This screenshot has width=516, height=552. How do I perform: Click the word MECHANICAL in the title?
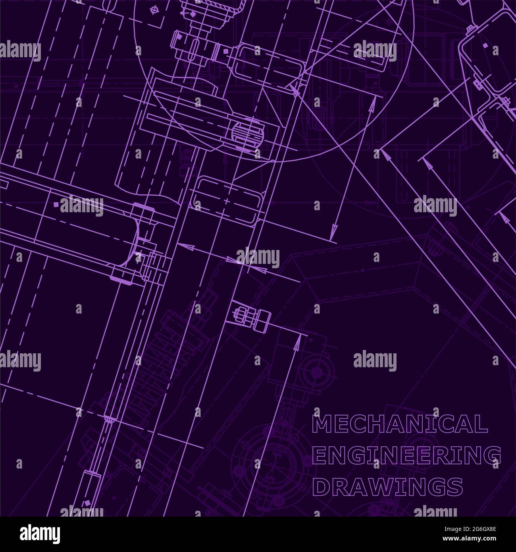coord(400,424)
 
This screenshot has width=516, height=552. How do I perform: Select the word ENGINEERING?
coord(406,455)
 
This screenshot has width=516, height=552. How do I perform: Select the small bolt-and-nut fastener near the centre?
coord(250,316)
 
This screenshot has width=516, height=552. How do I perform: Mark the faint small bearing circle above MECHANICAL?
coord(317,372)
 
